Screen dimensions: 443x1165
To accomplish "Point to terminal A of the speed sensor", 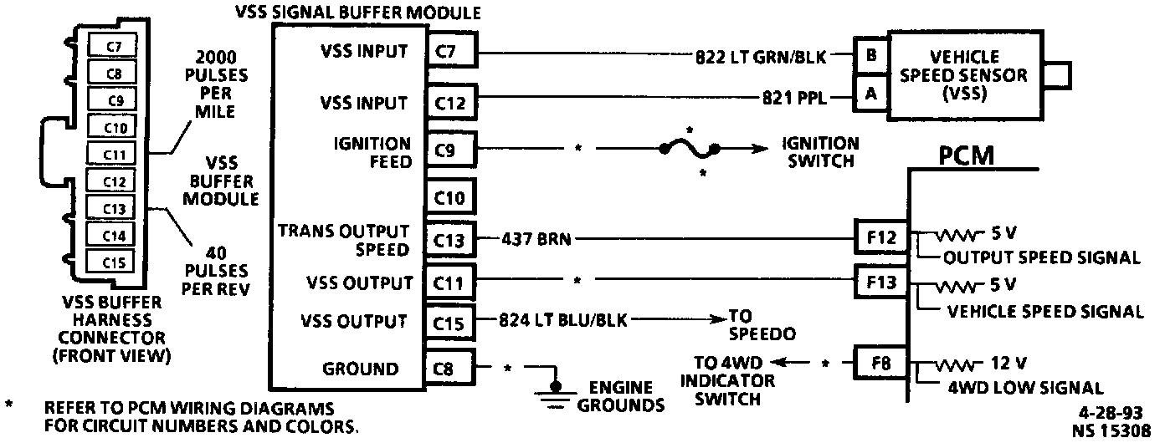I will tap(871, 94).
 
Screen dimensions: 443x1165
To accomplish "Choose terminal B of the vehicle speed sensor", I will tap(871, 56).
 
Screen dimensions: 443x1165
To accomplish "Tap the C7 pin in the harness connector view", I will tap(115, 48).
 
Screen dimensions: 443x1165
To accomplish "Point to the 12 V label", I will tap(1009, 364).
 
